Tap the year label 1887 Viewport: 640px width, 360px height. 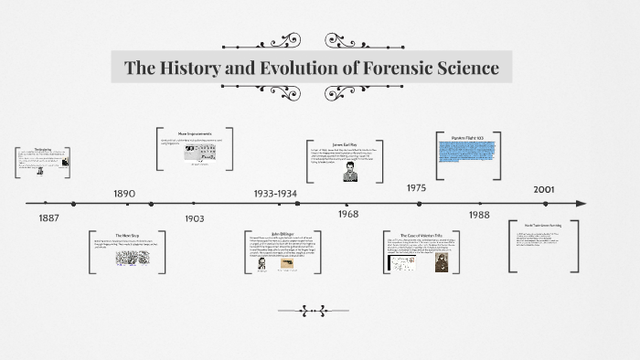[50, 218]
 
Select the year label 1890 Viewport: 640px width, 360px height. [124, 194]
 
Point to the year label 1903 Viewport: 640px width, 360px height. [194, 218]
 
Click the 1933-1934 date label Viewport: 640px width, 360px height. [275, 194]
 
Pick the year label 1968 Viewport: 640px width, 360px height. [347, 214]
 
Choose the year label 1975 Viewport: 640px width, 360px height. [416, 187]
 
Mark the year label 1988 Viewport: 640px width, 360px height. [479, 214]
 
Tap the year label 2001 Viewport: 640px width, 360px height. [545, 188]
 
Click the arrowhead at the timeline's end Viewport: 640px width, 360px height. [582, 203]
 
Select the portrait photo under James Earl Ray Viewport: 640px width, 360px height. [348, 172]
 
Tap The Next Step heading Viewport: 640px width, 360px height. [126, 236]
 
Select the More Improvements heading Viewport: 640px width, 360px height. [194, 134]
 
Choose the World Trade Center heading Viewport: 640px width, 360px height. [541, 225]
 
